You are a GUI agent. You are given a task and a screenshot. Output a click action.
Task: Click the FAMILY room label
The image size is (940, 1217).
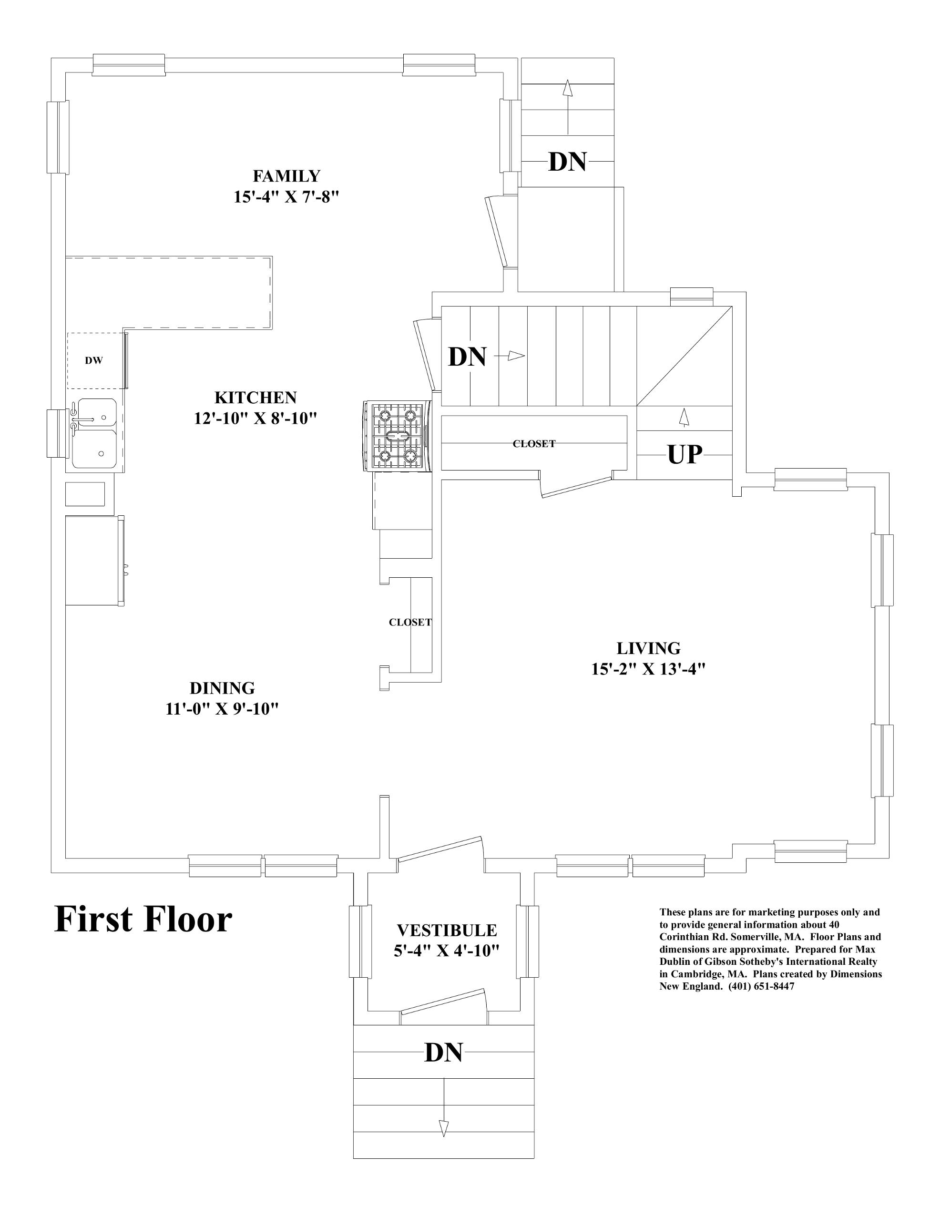click(286, 176)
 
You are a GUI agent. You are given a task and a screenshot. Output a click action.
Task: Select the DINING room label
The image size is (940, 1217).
click(222, 688)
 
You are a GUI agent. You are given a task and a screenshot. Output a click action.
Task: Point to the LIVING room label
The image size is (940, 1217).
click(648, 648)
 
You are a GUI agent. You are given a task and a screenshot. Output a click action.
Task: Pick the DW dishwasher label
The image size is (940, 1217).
click(93, 360)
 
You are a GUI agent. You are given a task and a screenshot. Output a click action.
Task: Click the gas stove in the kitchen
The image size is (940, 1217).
click(397, 436)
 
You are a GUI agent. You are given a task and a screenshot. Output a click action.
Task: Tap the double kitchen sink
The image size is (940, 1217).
click(95, 433)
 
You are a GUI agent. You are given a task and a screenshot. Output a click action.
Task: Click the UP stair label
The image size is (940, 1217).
click(684, 455)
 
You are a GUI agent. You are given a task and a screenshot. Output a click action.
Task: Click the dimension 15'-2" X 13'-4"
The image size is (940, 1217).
click(648, 669)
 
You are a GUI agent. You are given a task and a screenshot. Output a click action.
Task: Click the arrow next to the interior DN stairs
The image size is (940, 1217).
click(515, 356)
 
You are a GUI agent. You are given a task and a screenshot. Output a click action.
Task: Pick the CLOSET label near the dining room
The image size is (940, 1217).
click(410, 623)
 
